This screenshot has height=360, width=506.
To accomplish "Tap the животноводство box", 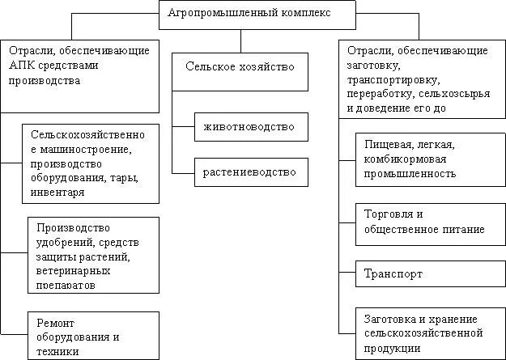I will tap(250, 126).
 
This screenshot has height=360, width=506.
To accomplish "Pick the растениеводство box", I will tap(250, 172).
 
